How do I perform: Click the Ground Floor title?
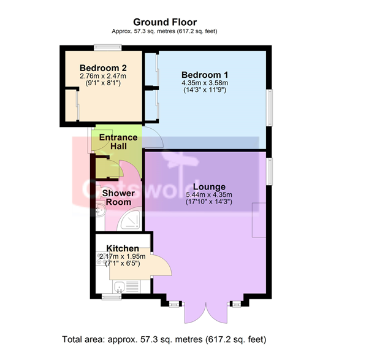click(x=165, y=22)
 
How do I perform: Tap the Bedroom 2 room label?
click(x=103, y=68)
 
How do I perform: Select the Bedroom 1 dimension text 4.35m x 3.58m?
click(x=205, y=83)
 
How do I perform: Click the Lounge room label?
click(x=210, y=187)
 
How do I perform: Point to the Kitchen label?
click(x=123, y=248)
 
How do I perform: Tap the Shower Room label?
click(x=118, y=197)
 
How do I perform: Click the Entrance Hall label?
click(x=118, y=142)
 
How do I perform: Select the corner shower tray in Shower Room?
click(x=129, y=220)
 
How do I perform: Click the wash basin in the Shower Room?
click(x=101, y=209)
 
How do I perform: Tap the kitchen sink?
click(x=120, y=286)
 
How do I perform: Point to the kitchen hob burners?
click(x=101, y=258)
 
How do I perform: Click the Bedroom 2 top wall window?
click(x=108, y=48)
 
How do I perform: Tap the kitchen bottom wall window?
click(x=112, y=296)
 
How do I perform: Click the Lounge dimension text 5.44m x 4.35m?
click(x=209, y=194)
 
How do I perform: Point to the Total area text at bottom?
click(x=164, y=339)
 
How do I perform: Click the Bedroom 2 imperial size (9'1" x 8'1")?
click(x=103, y=83)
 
